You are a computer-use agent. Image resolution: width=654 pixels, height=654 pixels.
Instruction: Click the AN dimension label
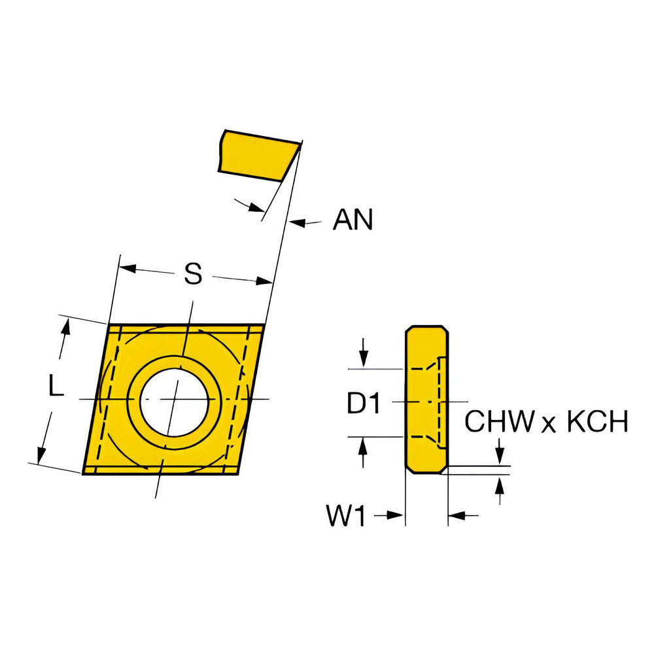[353, 220]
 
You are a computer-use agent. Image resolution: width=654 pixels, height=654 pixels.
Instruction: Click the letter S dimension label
[192, 275]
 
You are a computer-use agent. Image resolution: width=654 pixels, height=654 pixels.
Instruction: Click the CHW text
[500, 422]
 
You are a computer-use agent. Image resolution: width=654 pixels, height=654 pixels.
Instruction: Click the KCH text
[597, 422]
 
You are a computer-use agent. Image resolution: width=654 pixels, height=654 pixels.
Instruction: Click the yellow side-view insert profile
[426, 399]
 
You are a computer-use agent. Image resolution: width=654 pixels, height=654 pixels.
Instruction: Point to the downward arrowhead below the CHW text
[500, 458]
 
